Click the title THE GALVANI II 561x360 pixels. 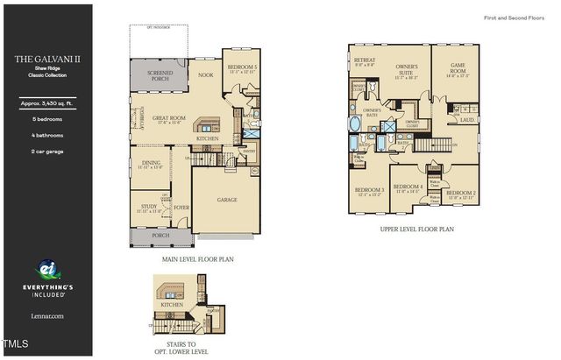point(46,60)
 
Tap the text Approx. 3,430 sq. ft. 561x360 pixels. point(46,103)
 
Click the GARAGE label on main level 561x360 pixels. point(227,200)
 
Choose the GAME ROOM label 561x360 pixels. point(458,65)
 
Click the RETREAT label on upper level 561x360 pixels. point(365,60)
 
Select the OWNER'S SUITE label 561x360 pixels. point(407,67)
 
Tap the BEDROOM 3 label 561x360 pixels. point(369,189)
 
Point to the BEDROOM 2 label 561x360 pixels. point(461,193)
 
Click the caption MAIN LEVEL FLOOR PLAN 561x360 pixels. point(197,259)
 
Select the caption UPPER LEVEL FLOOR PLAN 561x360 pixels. point(416,229)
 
